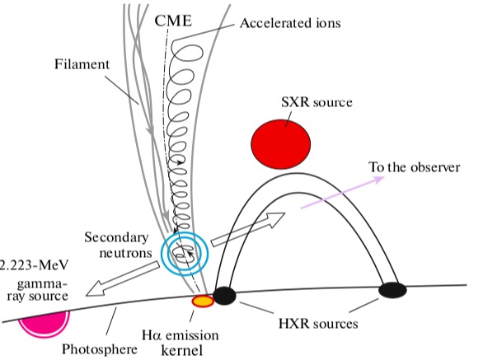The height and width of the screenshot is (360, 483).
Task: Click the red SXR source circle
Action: pos(280,144)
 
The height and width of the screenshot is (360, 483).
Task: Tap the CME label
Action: pos(173,21)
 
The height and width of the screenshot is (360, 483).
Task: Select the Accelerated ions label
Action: pos(290,23)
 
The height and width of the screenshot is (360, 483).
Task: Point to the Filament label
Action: pos(82,64)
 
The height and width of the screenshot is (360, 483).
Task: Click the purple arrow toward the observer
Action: pos(343,193)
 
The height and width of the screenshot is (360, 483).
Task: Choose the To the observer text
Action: pos(415,167)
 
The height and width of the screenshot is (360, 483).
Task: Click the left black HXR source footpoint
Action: pos(224,296)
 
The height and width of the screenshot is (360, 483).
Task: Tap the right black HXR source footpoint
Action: pos(392,290)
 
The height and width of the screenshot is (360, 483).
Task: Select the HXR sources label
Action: pos(318,324)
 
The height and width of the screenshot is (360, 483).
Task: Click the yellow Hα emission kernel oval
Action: pos(203,302)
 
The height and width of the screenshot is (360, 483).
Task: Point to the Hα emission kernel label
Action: pos(181,343)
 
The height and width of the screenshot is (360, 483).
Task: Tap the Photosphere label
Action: pos(100,349)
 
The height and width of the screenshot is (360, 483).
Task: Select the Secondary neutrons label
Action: pos(119,245)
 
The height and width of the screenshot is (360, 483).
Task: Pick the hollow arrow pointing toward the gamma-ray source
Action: pos(123,279)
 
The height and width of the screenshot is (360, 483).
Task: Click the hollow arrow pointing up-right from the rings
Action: pos(248,229)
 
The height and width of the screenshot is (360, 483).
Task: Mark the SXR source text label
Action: pos(317,102)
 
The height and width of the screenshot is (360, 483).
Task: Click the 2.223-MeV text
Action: pos(33,265)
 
